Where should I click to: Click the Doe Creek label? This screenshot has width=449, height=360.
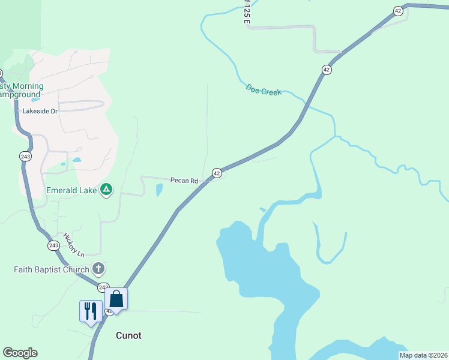pyautogui.click(x=264, y=89)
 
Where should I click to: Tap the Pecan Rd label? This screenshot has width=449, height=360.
pyautogui.click(x=184, y=180)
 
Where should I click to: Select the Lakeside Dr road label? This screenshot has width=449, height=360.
pyautogui.click(x=40, y=111)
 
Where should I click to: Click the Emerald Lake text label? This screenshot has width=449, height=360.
pyautogui.click(x=72, y=191)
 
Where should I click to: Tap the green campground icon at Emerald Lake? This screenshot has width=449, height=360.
pyautogui.click(x=106, y=190)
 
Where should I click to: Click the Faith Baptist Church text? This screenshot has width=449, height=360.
pyautogui.click(x=51, y=269)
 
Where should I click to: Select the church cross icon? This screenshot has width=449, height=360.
pyautogui.click(x=99, y=269)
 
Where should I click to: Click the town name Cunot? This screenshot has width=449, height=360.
pyautogui.click(x=128, y=335)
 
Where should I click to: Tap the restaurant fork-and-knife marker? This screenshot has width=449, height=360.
pyautogui.click(x=91, y=311)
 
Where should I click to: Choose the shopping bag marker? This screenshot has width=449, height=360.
pyautogui.click(x=116, y=298)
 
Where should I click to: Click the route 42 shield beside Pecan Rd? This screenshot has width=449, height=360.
pyautogui.click(x=217, y=173)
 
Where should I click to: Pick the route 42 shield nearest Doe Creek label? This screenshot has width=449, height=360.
pyautogui.click(x=326, y=70)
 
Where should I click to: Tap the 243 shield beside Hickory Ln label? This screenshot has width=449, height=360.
pyautogui.click(x=53, y=245)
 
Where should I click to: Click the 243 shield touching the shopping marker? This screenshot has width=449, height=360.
pyautogui.click(x=103, y=287)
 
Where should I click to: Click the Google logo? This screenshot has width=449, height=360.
pyautogui.click(x=20, y=353)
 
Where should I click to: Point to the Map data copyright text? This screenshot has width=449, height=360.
pyautogui.click(x=423, y=355)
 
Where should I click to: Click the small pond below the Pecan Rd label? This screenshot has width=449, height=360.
pyautogui.click(x=159, y=190)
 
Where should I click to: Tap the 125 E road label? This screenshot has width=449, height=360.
pyautogui.click(x=247, y=12)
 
